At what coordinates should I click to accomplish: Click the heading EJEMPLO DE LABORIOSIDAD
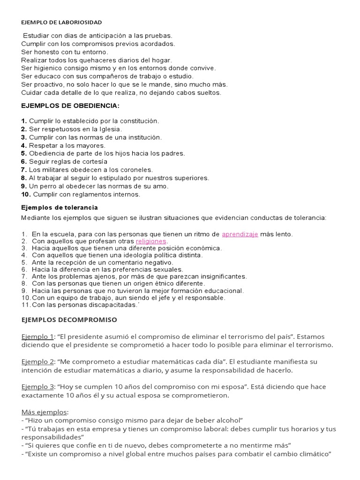click(61, 22)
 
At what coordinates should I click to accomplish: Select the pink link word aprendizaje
click(240, 234)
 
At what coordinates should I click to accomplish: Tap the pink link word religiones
click(151, 241)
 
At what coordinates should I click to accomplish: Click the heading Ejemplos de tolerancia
click(60, 207)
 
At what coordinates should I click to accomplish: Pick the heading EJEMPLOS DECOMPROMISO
click(69, 320)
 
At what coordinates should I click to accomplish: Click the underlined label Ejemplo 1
click(37, 337)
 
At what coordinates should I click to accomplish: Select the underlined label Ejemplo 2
click(37, 362)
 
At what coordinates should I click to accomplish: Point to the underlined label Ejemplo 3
click(37, 387)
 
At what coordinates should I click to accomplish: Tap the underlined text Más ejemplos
click(45, 412)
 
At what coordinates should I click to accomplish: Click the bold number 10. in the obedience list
click(26, 195)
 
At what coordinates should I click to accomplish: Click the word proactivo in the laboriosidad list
click(46, 84)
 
